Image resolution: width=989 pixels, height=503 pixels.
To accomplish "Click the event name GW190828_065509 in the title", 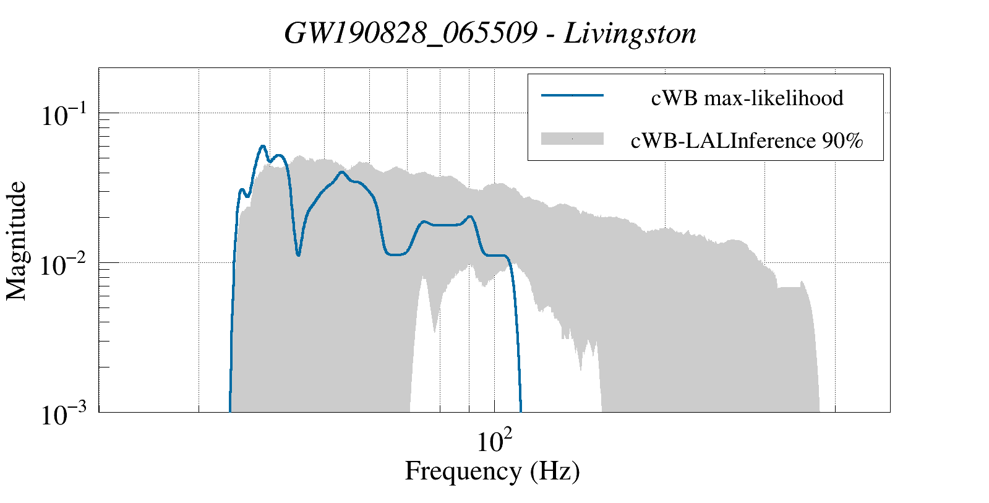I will (x=410, y=33).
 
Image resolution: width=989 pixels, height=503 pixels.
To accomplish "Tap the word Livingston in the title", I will (x=630, y=33).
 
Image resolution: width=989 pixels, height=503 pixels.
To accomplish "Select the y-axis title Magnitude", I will (x=17, y=241).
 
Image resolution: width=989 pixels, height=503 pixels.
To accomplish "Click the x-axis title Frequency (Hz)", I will (x=492, y=471).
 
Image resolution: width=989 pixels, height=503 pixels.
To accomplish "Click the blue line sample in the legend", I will (x=572, y=95).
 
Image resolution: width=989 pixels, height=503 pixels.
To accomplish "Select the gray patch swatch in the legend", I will (x=572, y=139).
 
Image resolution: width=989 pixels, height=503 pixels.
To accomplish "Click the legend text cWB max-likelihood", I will (x=747, y=98).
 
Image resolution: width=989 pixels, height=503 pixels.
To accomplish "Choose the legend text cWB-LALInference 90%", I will (x=747, y=141).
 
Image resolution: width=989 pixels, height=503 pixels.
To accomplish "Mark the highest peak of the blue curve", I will (x=263, y=146).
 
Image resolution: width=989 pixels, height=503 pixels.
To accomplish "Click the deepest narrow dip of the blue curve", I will (x=298, y=254).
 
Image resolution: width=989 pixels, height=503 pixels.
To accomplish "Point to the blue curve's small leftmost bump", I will (x=242, y=190).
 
